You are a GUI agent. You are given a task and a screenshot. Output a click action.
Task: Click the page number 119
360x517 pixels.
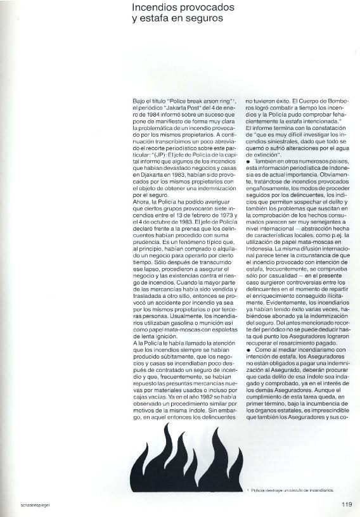[x=346, y=504]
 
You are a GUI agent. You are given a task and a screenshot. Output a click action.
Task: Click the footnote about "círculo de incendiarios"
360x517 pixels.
[x=291, y=490]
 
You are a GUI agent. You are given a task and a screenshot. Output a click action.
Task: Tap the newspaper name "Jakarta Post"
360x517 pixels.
[x=184, y=108]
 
